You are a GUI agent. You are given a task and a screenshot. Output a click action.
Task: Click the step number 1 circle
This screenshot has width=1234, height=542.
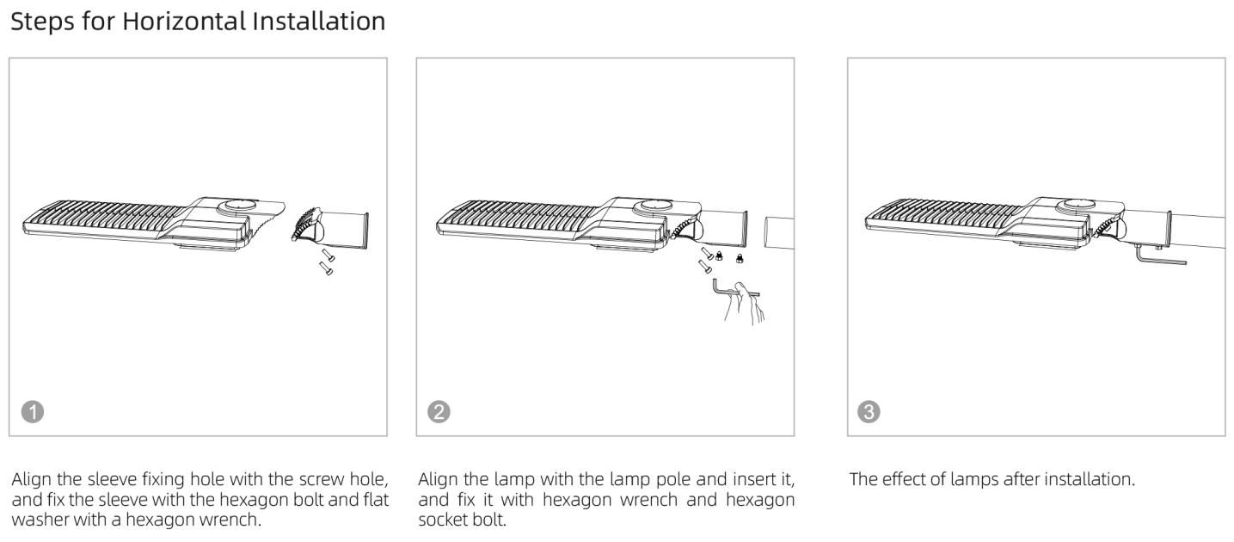pos(33,412)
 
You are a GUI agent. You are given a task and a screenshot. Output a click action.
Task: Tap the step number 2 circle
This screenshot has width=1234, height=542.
pos(439,412)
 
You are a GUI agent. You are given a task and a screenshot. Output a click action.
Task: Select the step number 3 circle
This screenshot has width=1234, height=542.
pos(869,412)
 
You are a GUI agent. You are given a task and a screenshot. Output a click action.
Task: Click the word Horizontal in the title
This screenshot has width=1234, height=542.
pos(184,22)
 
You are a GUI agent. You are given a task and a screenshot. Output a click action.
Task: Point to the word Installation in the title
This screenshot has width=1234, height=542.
pos(319,22)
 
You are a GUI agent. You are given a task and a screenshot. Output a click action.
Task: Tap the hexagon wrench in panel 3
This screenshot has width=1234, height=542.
pos(1161,256)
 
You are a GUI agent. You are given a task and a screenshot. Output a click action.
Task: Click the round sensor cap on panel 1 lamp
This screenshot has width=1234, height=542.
pos(236,206)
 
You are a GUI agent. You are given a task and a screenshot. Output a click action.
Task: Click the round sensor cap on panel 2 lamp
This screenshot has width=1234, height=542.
pos(652,206)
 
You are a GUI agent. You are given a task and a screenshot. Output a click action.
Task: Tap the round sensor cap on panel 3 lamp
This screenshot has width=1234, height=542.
pos(1077,206)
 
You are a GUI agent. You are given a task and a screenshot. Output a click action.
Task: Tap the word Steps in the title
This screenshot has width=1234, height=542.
pos(42,22)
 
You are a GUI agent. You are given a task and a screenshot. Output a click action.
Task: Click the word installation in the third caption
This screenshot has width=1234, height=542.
pos(1089,479)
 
